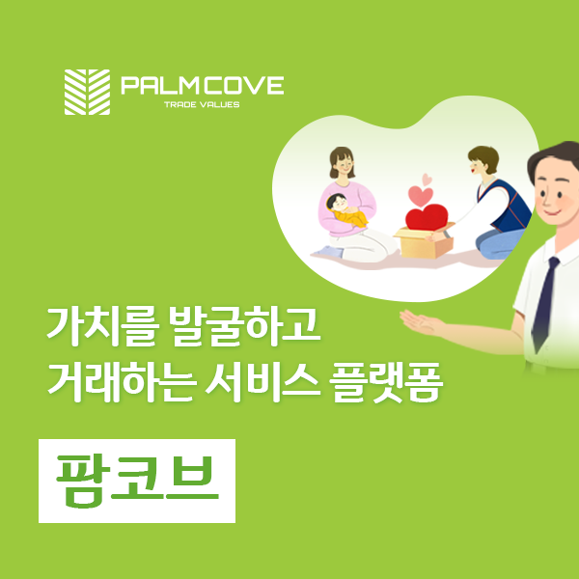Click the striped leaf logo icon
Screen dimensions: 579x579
(x=87, y=92)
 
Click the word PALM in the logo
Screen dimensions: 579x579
(x=160, y=85)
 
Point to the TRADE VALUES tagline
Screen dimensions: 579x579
(x=202, y=104)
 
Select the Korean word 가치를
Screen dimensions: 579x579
(x=102, y=327)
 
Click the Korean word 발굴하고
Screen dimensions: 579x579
(x=245, y=327)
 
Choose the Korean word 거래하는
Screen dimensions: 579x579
(x=120, y=383)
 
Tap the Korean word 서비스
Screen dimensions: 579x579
(x=262, y=383)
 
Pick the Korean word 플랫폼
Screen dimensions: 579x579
(x=386, y=383)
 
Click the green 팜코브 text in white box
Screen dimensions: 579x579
(x=137, y=482)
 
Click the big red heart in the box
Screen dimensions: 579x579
(x=427, y=217)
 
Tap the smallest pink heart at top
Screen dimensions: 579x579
(x=427, y=179)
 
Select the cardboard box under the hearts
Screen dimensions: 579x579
(x=425, y=242)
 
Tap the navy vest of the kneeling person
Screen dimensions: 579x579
(x=505, y=206)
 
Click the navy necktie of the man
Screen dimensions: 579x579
(x=545, y=304)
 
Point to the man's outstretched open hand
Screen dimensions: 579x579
(x=420, y=322)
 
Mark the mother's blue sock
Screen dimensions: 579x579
(x=328, y=252)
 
